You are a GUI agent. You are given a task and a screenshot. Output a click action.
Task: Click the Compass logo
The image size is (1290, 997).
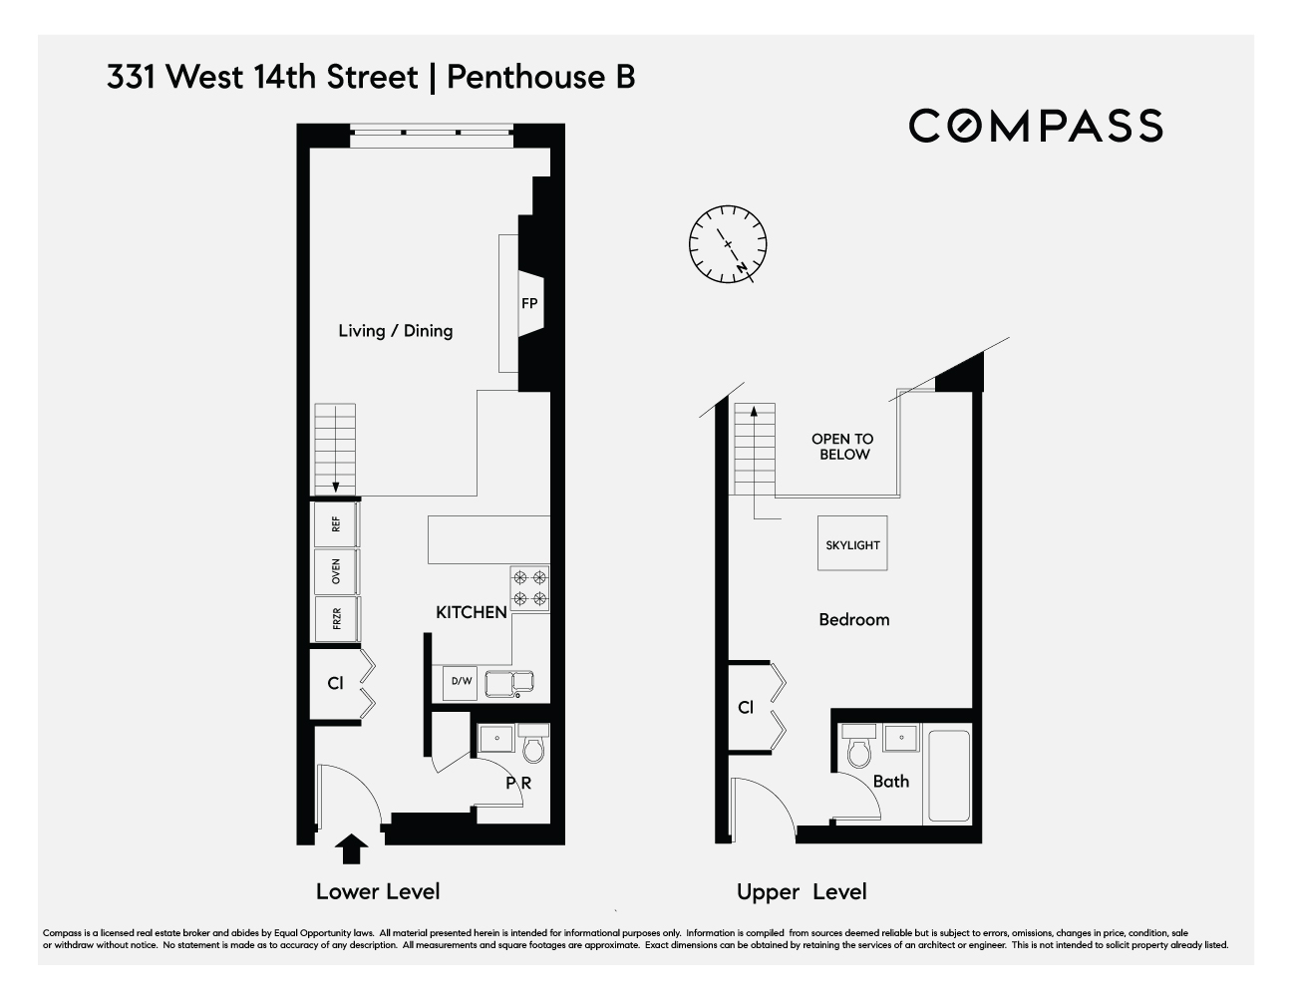(x=1035, y=126)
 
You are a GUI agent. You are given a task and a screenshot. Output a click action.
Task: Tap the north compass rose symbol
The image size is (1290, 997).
(x=728, y=244)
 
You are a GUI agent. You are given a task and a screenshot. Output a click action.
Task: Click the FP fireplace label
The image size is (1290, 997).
(x=529, y=303)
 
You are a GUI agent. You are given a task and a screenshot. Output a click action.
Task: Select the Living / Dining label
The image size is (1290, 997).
(x=395, y=331)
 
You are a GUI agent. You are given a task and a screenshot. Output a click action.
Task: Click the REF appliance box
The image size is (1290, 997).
(x=336, y=522)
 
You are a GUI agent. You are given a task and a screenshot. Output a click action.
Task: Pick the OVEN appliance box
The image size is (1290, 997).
(x=336, y=571)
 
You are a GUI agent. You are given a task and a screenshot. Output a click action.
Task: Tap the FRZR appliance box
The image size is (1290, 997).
(x=336, y=619)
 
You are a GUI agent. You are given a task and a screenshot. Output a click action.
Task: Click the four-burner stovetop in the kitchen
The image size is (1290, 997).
(x=529, y=588)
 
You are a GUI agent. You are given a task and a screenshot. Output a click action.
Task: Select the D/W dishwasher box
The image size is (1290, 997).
(x=461, y=682)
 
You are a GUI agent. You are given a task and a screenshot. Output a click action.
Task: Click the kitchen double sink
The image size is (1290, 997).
(x=510, y=684)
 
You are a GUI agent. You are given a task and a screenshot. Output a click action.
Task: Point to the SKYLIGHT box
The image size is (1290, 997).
(x=852, y=544)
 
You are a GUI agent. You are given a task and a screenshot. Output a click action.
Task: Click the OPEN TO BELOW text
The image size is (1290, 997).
(x=842, y=447)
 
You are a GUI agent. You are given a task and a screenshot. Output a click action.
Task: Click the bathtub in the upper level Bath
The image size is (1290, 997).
(x=947, y=776)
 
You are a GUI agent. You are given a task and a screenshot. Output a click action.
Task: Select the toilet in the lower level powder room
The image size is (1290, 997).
(x=533, y=745)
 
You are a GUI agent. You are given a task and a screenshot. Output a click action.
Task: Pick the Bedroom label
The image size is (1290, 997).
(x=853, y=620)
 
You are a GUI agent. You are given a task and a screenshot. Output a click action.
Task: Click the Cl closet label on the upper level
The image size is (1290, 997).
(x=746, y=708)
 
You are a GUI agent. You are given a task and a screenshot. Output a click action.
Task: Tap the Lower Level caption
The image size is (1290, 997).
(x=378, y=891)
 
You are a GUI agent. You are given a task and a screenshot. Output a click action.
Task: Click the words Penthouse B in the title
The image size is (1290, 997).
(x=541, y=77)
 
